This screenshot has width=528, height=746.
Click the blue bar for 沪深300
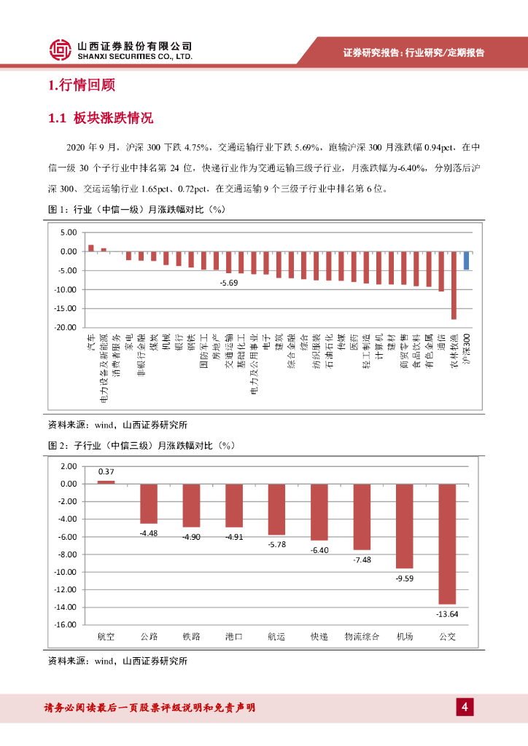(466, 261)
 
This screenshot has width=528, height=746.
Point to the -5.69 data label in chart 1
(229, 282)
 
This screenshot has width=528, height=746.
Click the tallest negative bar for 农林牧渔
(454, 285)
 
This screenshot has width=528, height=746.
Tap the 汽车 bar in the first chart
(91, 248)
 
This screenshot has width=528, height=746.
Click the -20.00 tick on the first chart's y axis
(67, 328)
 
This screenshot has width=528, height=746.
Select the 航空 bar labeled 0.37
(106, 482)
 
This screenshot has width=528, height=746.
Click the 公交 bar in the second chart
(447, 543)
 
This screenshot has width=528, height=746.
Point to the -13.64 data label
(447, 614)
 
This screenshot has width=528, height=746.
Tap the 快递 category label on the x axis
(319, 637)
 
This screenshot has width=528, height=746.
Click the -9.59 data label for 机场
(405, 578)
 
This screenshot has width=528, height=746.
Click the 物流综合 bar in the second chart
(362, 517)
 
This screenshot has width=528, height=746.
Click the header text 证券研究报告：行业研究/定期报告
(414, 52)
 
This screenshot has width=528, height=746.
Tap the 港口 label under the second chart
(234, 637)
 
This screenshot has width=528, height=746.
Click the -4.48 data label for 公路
(149, 533)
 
